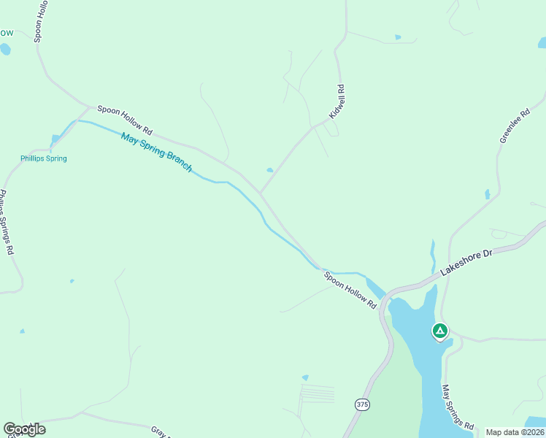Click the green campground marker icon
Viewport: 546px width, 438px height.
(439, 331)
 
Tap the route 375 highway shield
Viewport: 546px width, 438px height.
(363, 404)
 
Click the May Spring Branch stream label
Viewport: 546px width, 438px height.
(156, 152)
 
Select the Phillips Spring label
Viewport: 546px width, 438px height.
(43, 158)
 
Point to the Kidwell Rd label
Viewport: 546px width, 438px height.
(336, 102)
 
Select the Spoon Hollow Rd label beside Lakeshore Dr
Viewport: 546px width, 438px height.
(350, 288)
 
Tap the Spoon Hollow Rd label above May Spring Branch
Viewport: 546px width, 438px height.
(125, 120)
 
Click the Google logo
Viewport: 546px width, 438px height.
(24, 429)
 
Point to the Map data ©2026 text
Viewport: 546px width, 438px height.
(515, 432)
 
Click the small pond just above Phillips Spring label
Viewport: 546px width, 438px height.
(55, 139)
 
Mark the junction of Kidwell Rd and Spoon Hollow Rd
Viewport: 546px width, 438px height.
(261, 193)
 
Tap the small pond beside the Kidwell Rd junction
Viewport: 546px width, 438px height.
(270, 170)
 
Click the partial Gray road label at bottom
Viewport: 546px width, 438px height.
(159, 432)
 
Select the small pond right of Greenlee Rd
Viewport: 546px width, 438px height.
(487, 194)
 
